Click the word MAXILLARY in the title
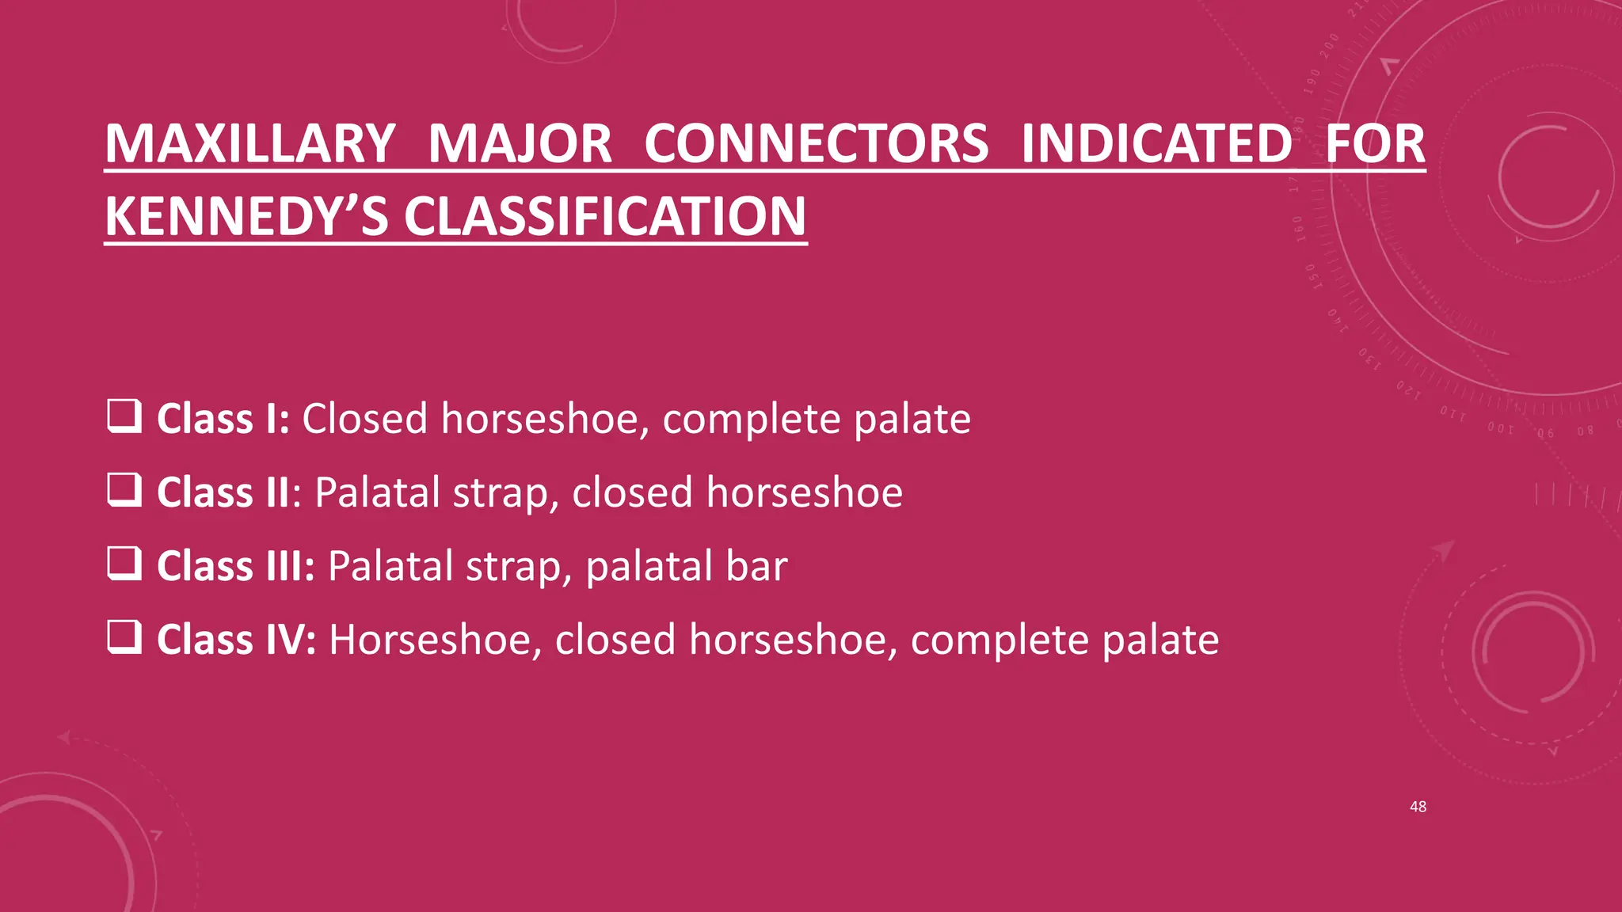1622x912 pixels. [x=249, y=144]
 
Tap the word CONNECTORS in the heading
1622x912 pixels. [x=816, y=144]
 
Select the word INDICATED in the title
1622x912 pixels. [x=1156, y=144]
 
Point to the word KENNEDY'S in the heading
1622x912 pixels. [x=246, y=217]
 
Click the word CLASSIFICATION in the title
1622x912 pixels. [x=605, y=217]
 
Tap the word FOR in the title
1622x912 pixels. [x=1375, y=144]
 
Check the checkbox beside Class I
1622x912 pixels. [x=124, y=416]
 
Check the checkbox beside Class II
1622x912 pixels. [x=124, y=490]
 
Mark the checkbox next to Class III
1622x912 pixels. [x=124, y=564]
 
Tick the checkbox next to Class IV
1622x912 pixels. [x=124, y=637]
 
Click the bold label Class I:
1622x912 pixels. [x=223, y=419]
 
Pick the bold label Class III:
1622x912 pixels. [x=236, y=566]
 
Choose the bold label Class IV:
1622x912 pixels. [x=236, y=640]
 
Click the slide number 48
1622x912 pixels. [x=1418, y=807]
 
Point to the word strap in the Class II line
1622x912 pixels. [x=501, y=492]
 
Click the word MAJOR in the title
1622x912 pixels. [x=520, y=144]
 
